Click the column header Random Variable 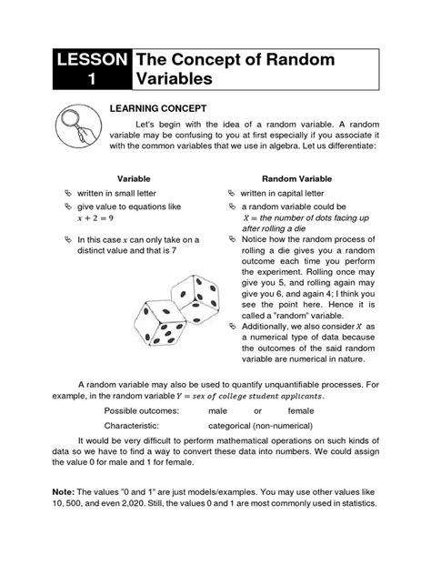(292, 179)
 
